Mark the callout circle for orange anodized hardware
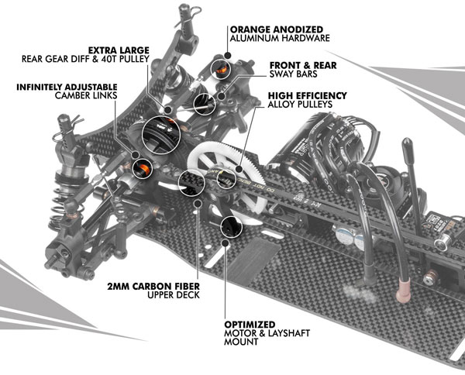point(229,60)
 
